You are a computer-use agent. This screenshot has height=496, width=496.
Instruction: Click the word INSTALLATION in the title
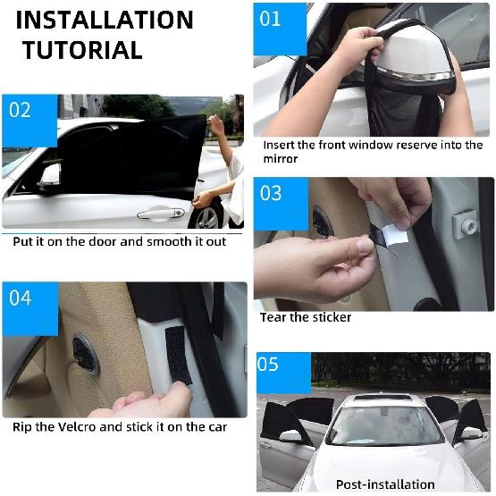pos(105,20)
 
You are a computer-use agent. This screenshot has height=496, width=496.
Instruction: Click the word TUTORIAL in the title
pos(82,50)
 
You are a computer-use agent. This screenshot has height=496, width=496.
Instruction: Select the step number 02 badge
pos(21,111)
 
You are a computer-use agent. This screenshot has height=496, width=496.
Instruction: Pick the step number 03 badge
pos(271,193)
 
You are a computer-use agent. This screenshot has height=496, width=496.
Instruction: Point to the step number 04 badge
pos(21,298)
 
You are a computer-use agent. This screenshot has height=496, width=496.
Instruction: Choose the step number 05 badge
pos(269,366)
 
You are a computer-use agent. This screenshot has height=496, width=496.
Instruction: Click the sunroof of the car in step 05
pos(383,397)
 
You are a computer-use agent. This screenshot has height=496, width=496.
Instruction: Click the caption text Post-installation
pos(384,483)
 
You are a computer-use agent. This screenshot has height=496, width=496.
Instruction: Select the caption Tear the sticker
pos(306,317)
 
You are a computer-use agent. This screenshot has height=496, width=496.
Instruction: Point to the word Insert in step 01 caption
pos(281,145)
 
